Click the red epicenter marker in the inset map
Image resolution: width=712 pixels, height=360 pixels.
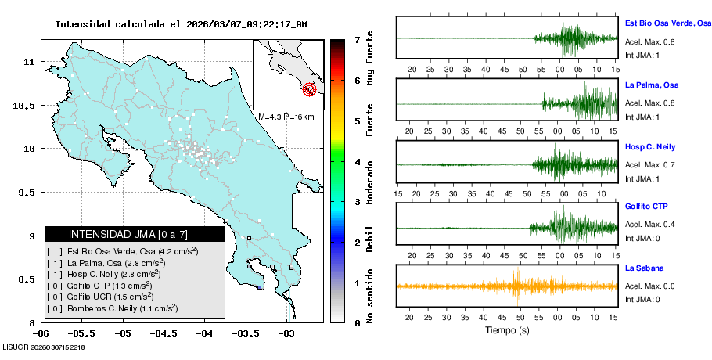click(309, 89)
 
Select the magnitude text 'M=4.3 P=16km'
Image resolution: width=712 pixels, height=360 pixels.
click(286, 117)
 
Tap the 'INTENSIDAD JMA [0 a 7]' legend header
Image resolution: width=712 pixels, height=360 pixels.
click(135, 234)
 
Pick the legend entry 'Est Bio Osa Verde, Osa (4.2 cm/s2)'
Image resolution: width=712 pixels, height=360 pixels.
click(123, 252)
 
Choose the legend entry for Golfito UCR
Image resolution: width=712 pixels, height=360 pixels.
click(110, 297)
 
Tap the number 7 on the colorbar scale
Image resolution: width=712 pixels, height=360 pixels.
click(357, 39)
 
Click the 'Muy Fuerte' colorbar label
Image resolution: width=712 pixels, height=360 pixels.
click(370, 65)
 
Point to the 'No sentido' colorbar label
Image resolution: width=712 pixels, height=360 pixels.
click(370, 298)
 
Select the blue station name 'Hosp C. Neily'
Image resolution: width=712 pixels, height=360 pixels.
click(650, 147)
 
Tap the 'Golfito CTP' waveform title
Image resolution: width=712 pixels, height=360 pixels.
click(647, 207)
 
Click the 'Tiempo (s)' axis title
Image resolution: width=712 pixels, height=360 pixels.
click(507, 330)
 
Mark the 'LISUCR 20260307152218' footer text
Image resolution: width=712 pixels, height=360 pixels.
click(44, 347)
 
